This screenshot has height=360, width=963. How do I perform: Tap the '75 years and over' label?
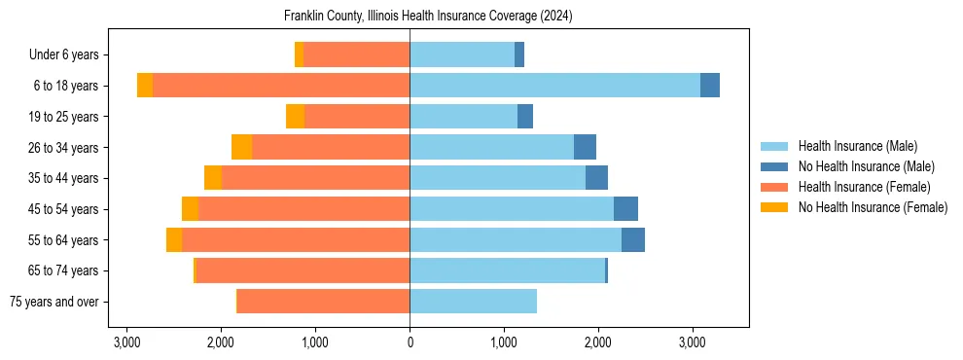53,302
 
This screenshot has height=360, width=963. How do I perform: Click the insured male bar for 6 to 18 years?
554,86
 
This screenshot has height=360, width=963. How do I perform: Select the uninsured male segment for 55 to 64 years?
633,239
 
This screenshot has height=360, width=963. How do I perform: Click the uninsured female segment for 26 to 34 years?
241,147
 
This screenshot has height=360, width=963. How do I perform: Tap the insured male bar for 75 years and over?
473,302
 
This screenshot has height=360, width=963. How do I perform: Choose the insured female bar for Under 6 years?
356,55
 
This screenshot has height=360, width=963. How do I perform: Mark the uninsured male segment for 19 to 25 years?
525,117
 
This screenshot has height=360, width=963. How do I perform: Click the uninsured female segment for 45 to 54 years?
190,209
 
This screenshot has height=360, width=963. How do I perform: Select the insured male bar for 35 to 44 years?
497,178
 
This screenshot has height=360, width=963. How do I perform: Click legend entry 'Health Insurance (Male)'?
857,146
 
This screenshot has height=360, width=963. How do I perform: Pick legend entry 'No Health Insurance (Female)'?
873,207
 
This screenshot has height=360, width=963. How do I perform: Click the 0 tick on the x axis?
410,342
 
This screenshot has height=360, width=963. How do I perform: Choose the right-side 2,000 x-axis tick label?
598,342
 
